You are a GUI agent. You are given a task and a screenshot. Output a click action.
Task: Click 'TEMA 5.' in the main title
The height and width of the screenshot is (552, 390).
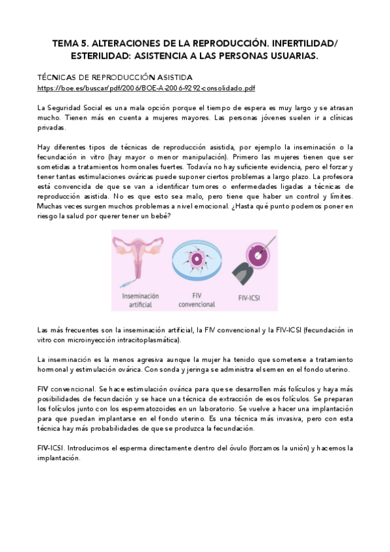pos(72,44)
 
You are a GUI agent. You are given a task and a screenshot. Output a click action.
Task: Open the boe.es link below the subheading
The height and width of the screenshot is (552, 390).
pos(146,87)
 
